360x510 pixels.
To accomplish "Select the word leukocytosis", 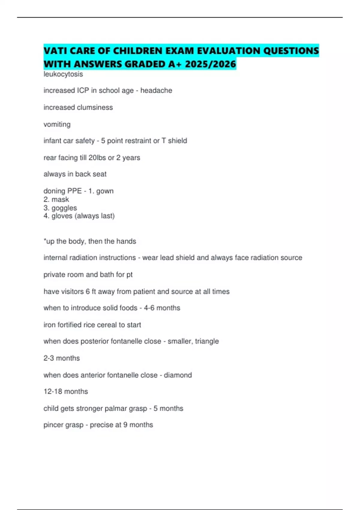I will click(63, 74).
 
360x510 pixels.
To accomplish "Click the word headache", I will click(156, 91).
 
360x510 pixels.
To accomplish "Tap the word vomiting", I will click(57, 124).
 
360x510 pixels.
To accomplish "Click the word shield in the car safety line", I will click(178, 141).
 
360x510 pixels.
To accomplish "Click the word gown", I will click(105, 191).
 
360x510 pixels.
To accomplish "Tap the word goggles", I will click(64, 208).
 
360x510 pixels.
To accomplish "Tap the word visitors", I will click(72, 292).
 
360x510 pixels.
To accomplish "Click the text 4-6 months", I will click(162, 308).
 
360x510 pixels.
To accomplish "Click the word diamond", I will click(178, 375).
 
